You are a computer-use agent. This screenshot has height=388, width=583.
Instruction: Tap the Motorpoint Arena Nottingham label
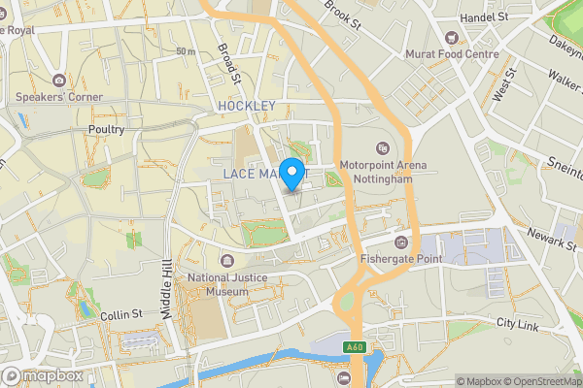click(x=383, y=172)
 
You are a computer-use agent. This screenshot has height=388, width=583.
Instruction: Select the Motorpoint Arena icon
click(x=383, y=148)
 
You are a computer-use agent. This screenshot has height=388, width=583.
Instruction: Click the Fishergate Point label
click(x=400, y=258)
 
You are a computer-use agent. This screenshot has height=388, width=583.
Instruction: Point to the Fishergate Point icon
click(x=400, y=241)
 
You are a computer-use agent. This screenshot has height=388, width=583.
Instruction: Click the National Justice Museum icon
click(x=226, y=261)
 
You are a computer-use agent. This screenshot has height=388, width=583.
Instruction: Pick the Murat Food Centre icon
click(x=451, y=39)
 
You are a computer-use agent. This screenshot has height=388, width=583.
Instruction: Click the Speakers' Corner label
click(x=58, y=97)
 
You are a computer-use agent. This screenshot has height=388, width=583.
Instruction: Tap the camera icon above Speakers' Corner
click(x=58, y=80)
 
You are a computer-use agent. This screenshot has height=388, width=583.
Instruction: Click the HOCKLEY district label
click(x=247, y=105)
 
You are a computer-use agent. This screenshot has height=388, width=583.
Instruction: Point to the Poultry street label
click(x=105, y=129)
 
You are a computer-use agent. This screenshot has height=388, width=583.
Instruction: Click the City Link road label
click(x=517, y=324)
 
